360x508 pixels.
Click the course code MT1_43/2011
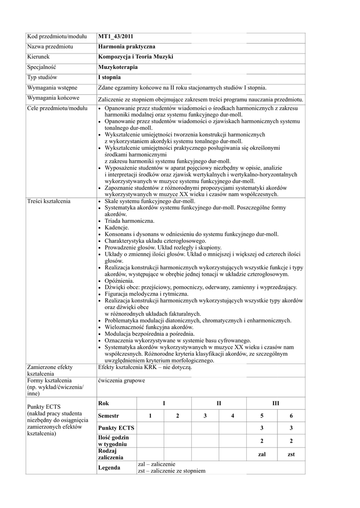click(x=116, y=36)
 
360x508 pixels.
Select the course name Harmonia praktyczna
click(x=127, y=47)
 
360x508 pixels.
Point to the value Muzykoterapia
click(x=118, y=67)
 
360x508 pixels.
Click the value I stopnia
click(x=109, y=77)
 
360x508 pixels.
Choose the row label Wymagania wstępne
click(x=52, y=88)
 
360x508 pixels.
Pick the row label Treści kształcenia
click(x=49, y=201)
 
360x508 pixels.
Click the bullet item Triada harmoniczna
click(x=129, y=221)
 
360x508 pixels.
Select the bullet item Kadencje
click(x=118, y=227)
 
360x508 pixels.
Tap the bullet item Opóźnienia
click(x=120, y=281)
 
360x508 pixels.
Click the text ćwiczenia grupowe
click(x=122, y=381)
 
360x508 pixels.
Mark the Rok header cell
click(x=103, y=403)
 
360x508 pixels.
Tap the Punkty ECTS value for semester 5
click(x=262, y=428)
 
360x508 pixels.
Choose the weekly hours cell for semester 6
click(x=291, y=441)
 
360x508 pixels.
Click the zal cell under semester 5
click(x=262, y=454)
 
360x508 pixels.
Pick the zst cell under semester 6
click(x=291, y=454)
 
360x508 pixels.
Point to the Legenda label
click(x=109, y=467)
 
